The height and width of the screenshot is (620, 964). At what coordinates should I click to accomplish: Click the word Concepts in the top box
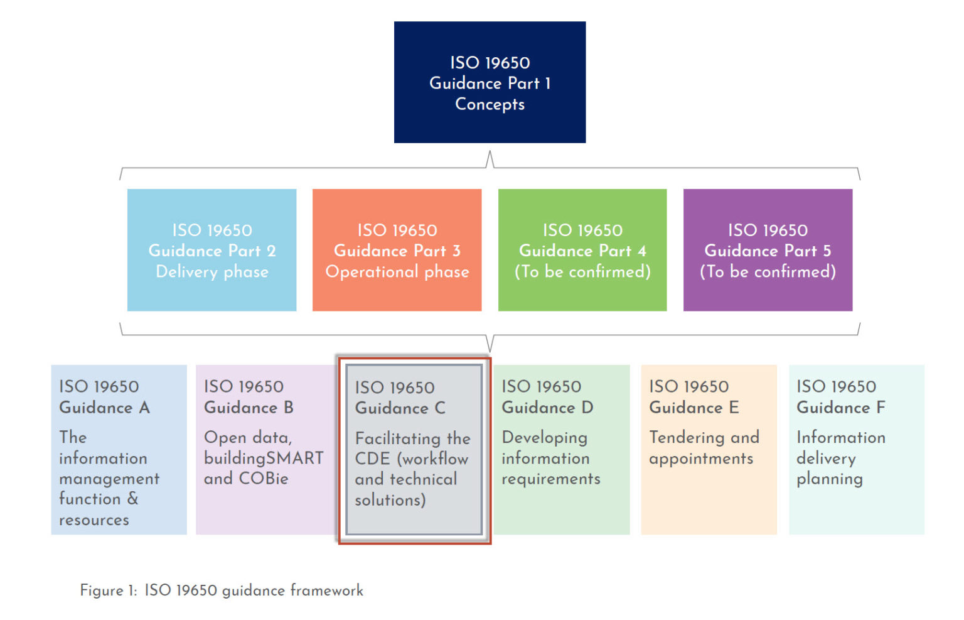490,104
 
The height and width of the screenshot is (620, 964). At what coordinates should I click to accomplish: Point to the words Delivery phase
212,272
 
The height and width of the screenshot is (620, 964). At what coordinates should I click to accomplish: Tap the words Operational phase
397,272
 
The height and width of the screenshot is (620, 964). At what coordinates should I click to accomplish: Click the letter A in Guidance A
144,408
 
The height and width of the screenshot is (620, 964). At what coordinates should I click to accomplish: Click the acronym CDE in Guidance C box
372,459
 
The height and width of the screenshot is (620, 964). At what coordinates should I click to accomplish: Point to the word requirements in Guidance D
550,479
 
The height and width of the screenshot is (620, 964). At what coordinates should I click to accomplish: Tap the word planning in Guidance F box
829,479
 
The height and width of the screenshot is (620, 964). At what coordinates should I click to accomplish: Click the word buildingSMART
264,458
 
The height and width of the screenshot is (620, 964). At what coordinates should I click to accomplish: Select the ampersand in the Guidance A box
132,499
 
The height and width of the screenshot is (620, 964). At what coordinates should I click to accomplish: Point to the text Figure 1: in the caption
108,590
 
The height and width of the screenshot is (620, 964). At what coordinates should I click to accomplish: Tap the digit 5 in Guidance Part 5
827,251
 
